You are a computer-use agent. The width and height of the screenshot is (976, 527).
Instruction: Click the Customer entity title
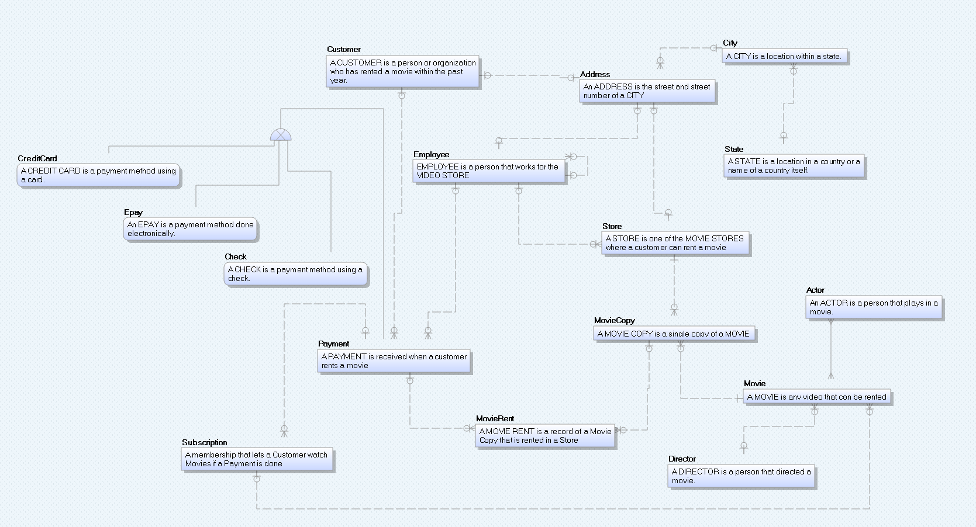[344, 50]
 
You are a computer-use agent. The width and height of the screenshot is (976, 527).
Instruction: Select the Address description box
[647, 91]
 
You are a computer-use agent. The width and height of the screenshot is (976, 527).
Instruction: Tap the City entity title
[730, 43]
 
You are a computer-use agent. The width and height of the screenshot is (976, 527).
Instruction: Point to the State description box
[794, 166]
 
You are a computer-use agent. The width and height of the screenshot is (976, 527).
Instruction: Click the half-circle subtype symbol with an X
[281, 136]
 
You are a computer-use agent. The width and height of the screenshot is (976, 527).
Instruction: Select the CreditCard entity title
[37, 159]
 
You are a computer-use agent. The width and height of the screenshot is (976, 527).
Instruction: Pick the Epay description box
[190, 229]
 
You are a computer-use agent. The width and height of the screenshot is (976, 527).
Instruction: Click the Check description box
[295, 274]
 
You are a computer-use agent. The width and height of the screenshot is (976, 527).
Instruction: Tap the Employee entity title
[431, 155]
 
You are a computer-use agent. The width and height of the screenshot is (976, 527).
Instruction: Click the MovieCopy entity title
[614, 321]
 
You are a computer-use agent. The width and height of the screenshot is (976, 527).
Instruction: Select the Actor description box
[874, 307]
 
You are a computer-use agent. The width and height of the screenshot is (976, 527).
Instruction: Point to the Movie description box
[816, 397]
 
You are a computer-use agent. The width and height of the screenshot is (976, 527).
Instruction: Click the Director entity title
[682, 459]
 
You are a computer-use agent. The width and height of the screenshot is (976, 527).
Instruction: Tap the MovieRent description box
[545, 436]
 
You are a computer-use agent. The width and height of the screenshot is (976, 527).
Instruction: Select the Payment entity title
[333, 344]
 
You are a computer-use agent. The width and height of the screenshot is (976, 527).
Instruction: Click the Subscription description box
[256, 459]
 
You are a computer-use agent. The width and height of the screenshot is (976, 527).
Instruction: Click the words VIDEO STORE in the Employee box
[443, 176]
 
